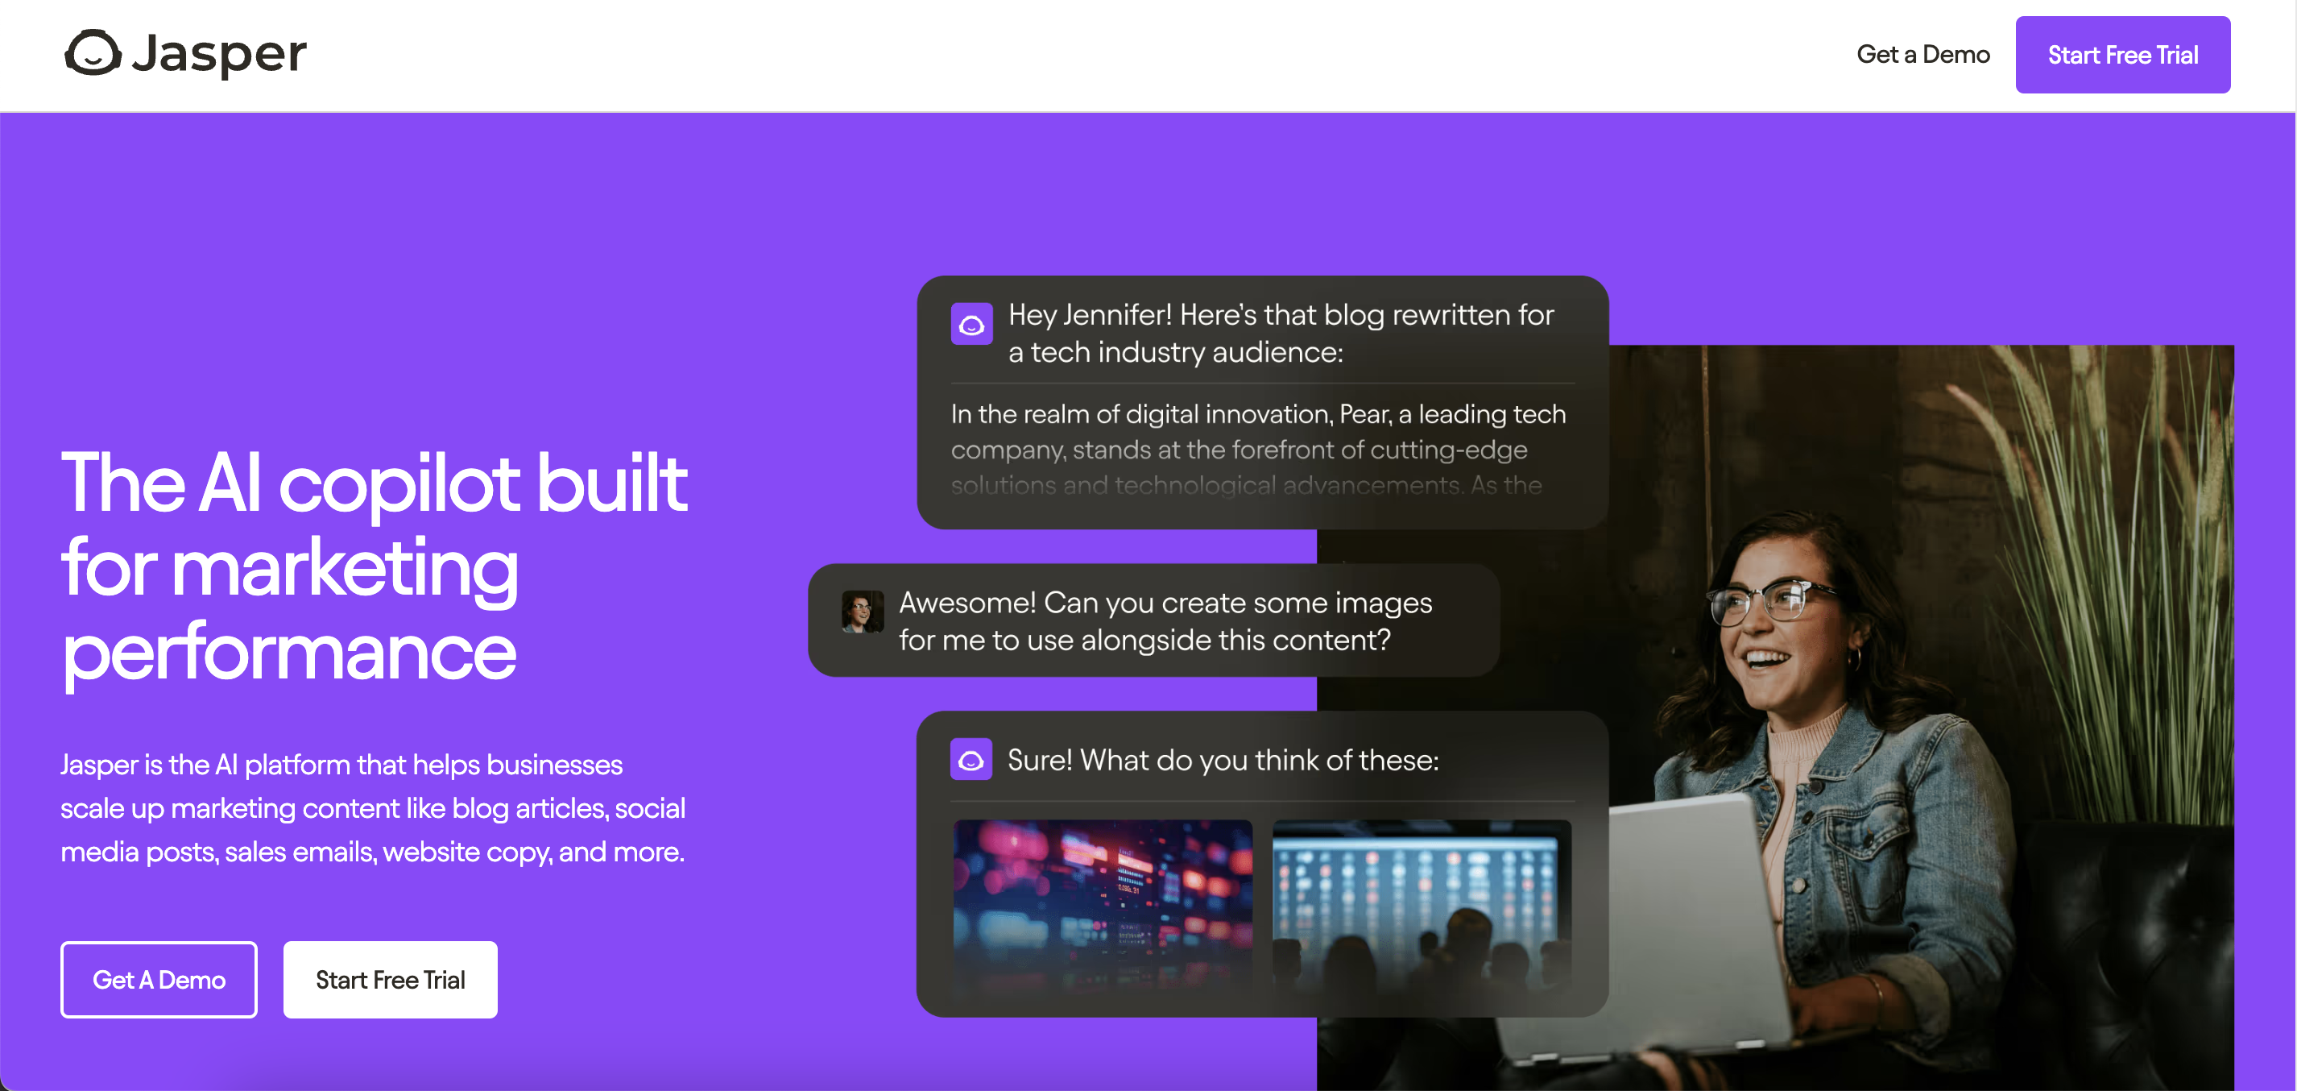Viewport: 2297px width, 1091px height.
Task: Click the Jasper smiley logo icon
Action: coord(93,52)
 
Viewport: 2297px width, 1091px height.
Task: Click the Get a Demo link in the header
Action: coord(1922,55)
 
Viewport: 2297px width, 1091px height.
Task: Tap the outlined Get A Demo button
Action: coord(159,980)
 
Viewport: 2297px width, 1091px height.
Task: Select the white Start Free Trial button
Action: coord(391,980)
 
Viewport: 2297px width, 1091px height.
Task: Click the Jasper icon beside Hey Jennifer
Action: coord(971,324)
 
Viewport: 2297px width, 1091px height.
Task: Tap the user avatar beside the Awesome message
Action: coord(863,612)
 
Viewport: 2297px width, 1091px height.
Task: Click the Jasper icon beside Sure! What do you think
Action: coord(971,760)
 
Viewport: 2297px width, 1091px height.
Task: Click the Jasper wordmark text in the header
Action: coord(219,56)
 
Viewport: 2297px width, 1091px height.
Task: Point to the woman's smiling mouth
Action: coord(1767,661)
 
